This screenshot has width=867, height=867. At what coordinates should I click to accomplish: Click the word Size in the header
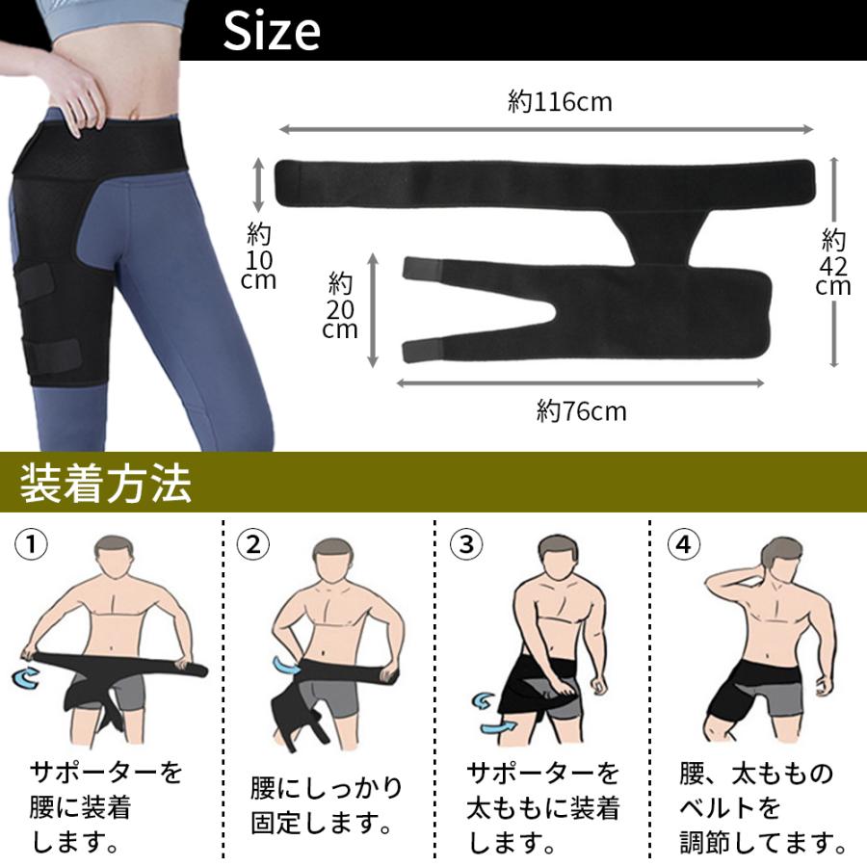pyautogui.click(x=272, y=31)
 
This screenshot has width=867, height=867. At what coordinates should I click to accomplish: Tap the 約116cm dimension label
pyautogui.click(x=560, y=102)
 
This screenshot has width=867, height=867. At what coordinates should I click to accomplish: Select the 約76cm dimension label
pyautogui.click(x=581, y=411)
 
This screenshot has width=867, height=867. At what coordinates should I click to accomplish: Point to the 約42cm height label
pyautogui.click(x=832, y=262)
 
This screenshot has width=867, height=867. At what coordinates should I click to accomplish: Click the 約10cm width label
pyautogui.click(x=259, y=255)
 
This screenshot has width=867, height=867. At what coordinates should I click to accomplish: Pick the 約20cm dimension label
pyautogui.click(x=340, y=305)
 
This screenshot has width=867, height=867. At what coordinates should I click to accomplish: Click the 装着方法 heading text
pyautogui.click(x=106, y=484)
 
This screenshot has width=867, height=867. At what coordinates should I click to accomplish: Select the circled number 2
pyautogui.click(x=252, y=544)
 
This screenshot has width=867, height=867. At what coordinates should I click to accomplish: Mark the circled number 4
pyautogui.click(x=683, y=544)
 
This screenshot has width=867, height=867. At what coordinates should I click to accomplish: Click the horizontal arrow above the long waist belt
pyautogui.click(x=546, y=129)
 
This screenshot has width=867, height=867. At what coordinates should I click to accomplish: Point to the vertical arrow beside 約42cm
pyautogui.click(x=834, y=262)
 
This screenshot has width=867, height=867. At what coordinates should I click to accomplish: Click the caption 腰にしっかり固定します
pyautogui.click(x=326, y=805)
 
